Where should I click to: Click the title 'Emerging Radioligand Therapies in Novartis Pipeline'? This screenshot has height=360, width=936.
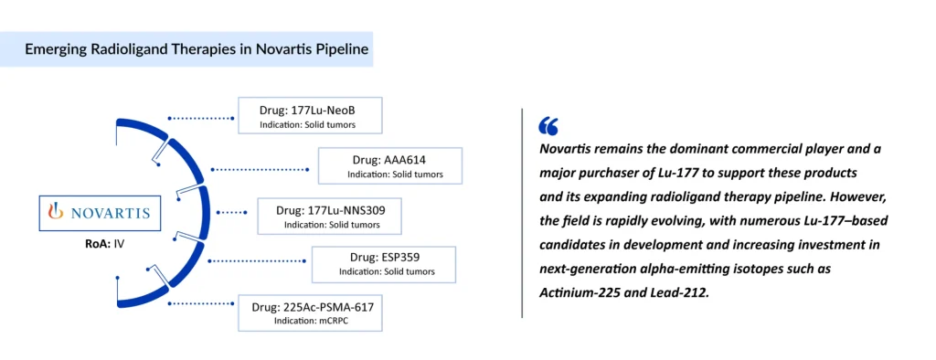(x=197, y=49)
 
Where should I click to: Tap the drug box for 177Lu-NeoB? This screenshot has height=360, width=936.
(x=308, y=117)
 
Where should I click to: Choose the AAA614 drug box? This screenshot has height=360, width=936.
(x=389, y=165)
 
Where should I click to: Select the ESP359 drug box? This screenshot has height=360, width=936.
(x=384, y=264)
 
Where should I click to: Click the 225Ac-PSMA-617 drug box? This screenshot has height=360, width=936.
(x=311, y=312)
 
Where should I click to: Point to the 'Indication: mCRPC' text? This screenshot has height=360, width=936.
(x=310, y=322)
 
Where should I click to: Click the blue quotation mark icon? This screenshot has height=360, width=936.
(x=548, y=126)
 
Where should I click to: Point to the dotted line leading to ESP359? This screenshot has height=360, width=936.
(x=261, y=262)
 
